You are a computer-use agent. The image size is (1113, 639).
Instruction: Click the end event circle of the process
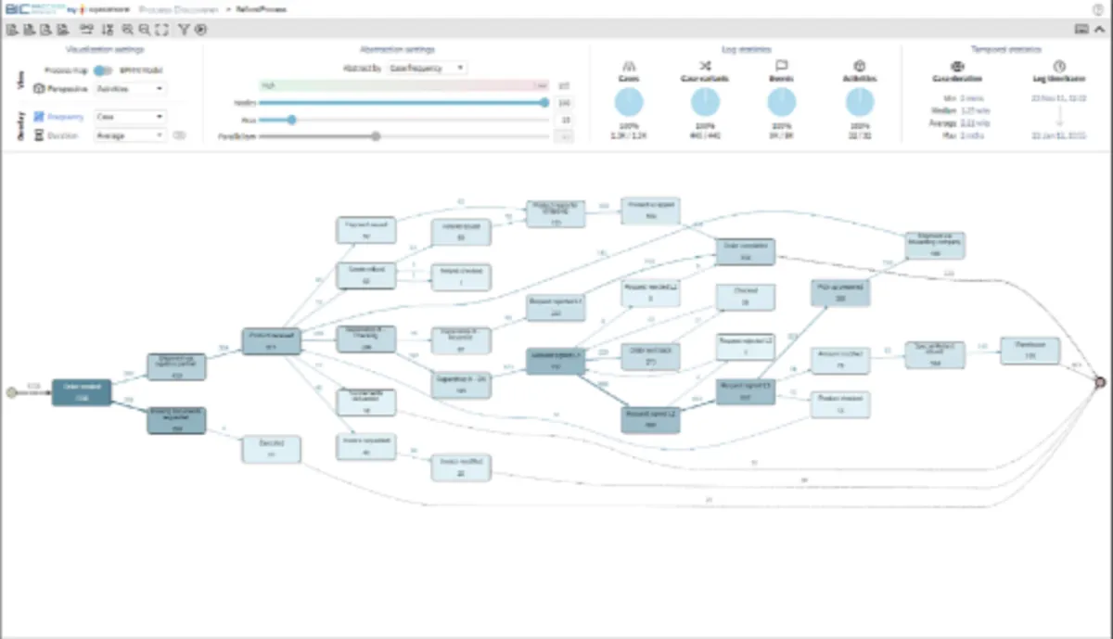click(1101, 381)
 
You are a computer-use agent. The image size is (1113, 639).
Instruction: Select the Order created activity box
click(82, 392)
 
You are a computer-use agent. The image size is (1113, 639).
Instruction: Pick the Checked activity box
click(746, 297)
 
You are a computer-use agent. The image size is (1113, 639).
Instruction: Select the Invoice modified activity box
click(460, 467)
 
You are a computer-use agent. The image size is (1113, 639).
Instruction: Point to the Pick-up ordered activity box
click(839, 293)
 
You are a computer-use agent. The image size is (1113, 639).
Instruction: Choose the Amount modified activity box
click(840, 360)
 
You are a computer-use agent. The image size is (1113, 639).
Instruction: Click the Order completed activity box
click(745, 251)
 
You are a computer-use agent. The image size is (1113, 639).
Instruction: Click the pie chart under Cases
click(629, 102)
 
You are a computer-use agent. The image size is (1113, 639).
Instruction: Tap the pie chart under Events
click(782, 102)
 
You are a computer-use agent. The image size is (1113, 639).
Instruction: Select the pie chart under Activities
click(859, 102)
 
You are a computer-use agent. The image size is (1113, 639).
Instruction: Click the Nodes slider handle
click(545, 102)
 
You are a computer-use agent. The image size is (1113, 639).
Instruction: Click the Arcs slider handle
click(291, 119)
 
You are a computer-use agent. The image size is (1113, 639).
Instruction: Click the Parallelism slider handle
click(376, 136)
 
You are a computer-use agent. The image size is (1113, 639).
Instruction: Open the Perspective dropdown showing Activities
click(131, 89)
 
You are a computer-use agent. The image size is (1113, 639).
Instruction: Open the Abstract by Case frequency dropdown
click(428, 68)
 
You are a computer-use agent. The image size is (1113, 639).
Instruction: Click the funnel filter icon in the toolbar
click(184, 30)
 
